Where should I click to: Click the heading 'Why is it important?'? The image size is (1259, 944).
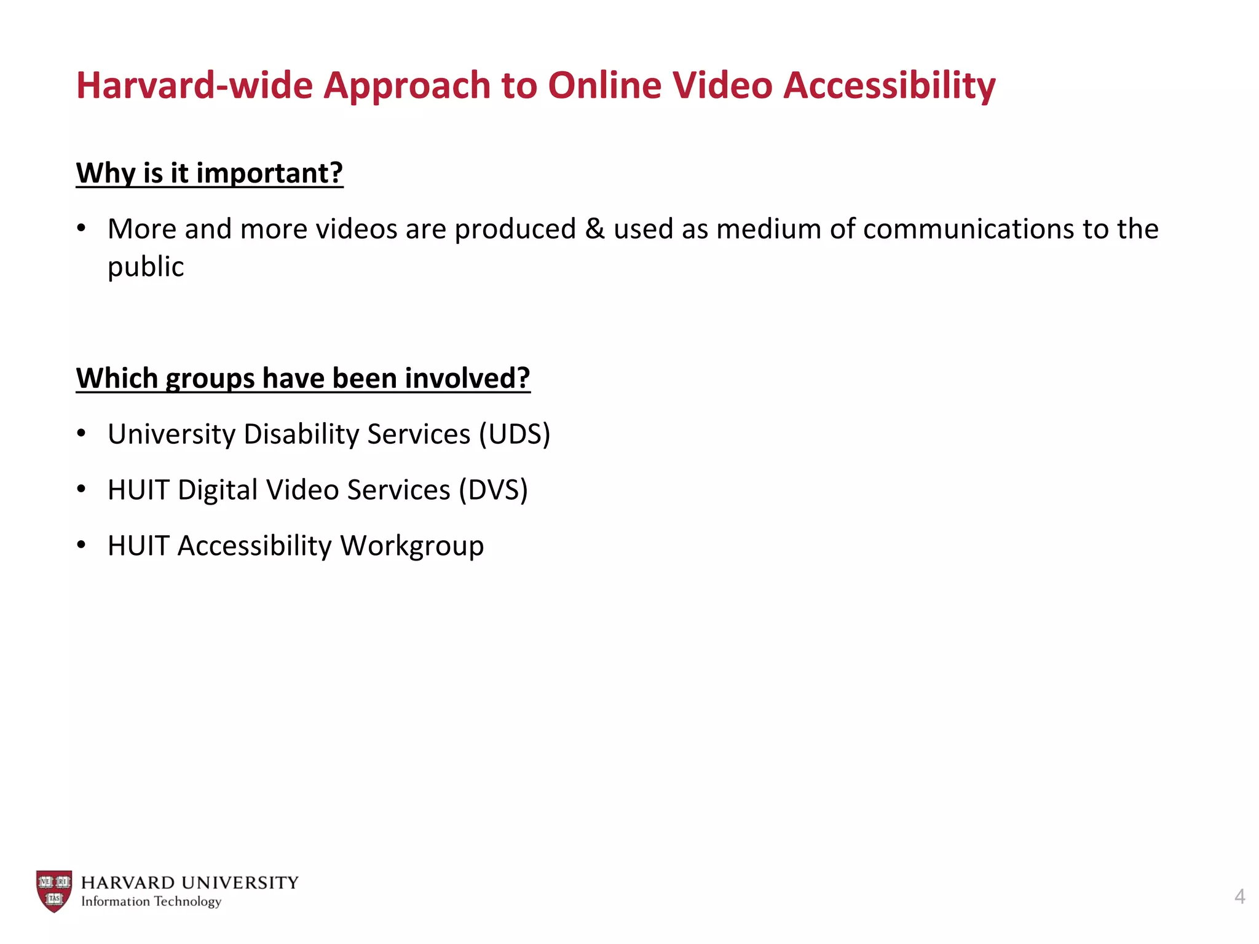click(x=210, y=173)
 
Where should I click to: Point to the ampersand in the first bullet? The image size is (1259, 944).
click(x=594, y=229)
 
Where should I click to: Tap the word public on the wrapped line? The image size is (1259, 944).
click(x=146, y=267)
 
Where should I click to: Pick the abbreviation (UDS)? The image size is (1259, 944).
click(x=515, y=434)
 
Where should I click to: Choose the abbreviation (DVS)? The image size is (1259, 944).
click(x=493, y=490)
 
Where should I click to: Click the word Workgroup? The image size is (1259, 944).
click(x=412, y=546)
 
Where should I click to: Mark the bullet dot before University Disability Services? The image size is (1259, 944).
click(x=81, y=433)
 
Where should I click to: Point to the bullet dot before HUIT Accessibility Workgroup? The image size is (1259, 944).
click(x=81, y=545)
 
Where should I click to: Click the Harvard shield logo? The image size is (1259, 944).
click(x=54, y=891)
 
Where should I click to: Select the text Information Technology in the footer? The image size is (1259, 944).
click(x=151, y=902)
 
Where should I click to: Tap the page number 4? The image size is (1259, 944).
click(x=1239, y=897)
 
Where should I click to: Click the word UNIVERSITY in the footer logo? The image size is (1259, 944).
click(x=240, y=883)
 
